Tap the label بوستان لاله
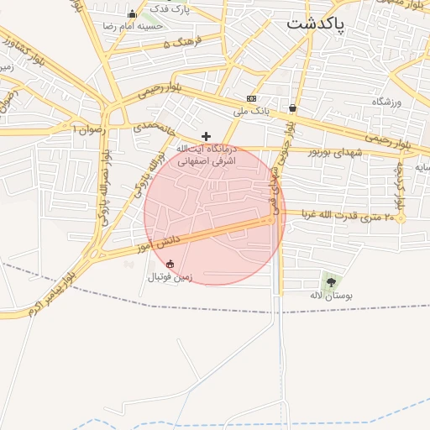point(330,296)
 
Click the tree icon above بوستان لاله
point(330,282)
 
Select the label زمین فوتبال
point(170,276)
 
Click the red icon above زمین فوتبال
point(170,264)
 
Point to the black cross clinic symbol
point(206,135)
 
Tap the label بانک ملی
point(252,110)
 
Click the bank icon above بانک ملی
point(251,98)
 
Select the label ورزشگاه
point(387,102)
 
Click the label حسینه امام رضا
point(132,27)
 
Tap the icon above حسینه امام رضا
point(132,13)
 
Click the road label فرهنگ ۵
point(177,43)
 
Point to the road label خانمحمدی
point(153,128)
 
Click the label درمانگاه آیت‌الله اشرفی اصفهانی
point(206,153)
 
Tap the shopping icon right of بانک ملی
point(291,108)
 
